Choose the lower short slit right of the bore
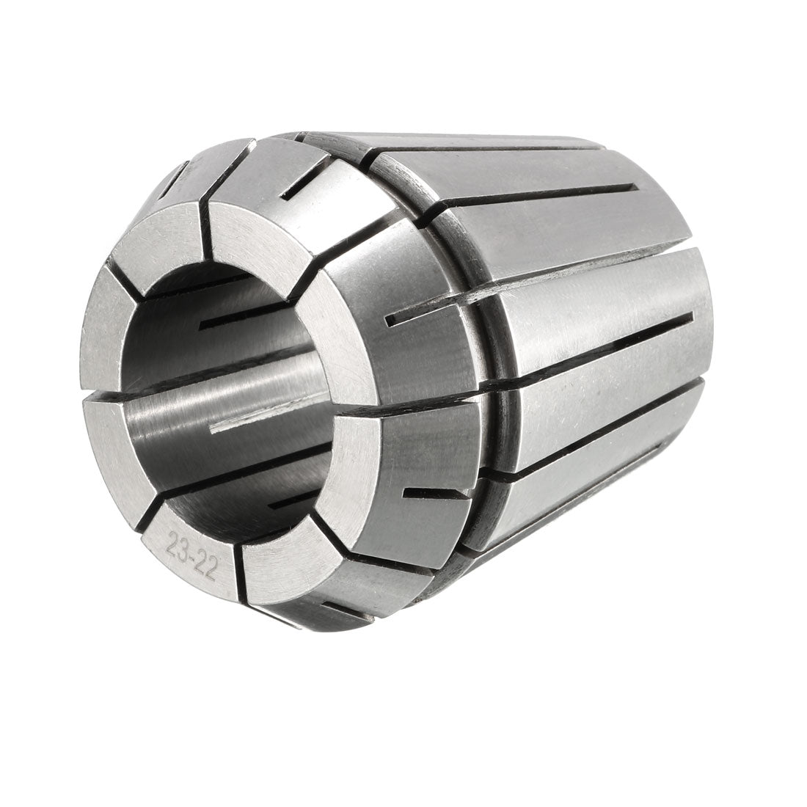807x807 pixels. (437, 493)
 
